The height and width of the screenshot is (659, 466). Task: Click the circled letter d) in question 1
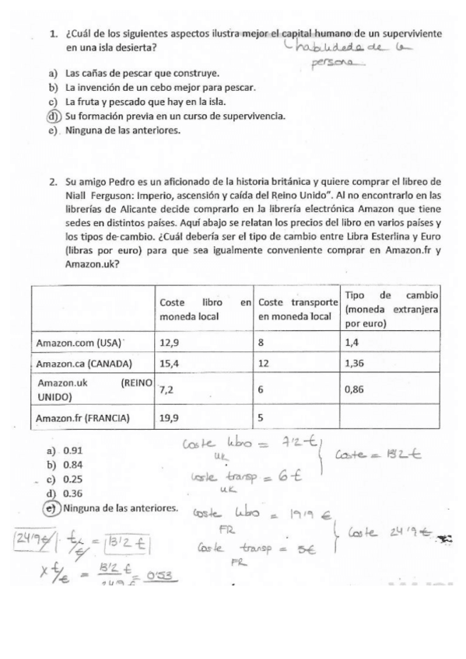[53, 117]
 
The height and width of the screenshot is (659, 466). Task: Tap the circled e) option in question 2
[53, 509]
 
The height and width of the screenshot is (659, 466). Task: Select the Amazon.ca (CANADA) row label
[85, 364]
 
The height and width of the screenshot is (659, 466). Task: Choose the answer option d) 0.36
[71, 495]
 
